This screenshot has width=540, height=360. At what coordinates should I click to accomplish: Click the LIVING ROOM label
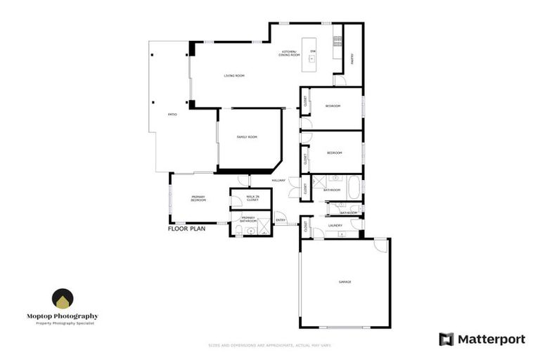tap(234, 75)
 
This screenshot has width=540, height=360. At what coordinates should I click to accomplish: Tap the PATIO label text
tap(172, 114)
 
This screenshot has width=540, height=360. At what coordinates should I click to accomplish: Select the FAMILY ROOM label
tap(247, 136)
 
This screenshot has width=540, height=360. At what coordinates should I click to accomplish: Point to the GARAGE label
tap(345, 281)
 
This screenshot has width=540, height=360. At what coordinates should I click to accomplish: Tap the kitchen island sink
tap(310, 60)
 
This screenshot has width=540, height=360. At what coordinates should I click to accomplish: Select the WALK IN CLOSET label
tap(252, 198)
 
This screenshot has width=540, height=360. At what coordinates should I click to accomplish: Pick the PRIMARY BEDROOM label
tap(198, 199)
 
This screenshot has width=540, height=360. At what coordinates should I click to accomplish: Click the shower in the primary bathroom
tap(263, 227)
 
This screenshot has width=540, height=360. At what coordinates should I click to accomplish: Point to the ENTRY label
tap(281, 221)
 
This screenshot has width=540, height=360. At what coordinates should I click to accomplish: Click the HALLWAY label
tap(278, 181)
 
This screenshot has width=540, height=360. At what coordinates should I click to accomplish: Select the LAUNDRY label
tap(335, 226)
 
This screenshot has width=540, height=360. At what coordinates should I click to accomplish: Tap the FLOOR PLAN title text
tap(186, 229)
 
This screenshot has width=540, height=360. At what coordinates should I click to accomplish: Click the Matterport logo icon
tap(446, 339)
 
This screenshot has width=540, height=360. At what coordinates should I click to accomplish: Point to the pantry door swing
tap(340, 81)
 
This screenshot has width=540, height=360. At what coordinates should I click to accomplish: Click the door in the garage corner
tap(380, 245)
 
